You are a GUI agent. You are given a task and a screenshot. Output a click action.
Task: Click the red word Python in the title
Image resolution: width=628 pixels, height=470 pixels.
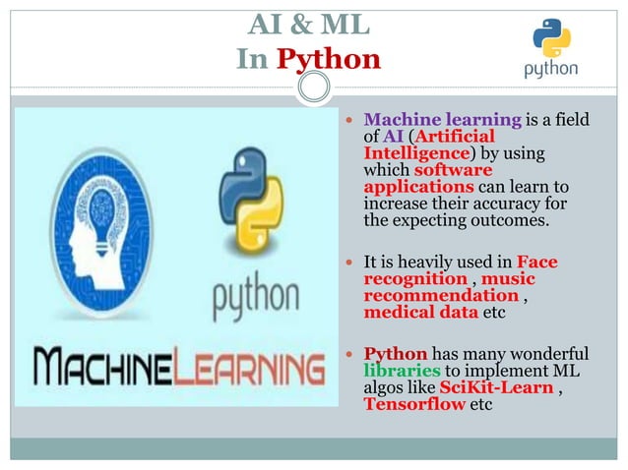pyautogui.click(x=328, y=59)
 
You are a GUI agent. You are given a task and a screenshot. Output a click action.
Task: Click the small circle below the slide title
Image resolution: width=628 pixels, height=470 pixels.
pyautogui.click(x=314, y=88)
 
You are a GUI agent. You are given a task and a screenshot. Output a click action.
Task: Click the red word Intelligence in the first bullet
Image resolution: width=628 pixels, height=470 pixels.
pyautogui.click(x=416, y=153)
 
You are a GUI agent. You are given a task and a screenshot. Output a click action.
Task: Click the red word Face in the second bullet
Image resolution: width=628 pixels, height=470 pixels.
pyautogui.click(x=536, y=263)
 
